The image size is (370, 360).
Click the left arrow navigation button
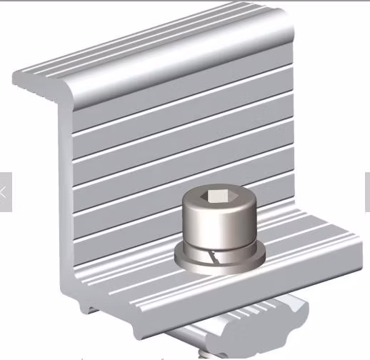pos(5,191)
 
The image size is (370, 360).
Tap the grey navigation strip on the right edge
pos(367,191)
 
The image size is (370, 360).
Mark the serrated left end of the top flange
pos(21,77)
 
